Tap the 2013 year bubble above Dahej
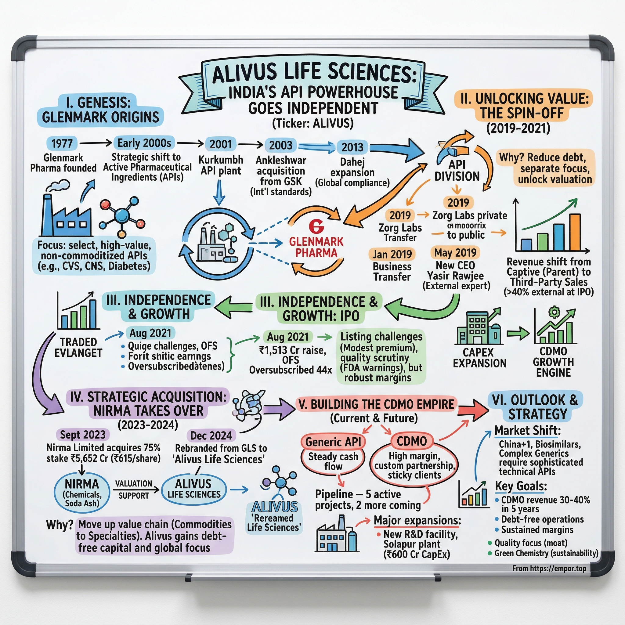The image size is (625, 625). (352, 147)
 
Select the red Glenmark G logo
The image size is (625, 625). (316, 226)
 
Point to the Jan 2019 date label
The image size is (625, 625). (392, 254)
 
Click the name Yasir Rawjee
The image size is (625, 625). (456, 276)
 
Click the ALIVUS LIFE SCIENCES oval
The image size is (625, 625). (193, 489)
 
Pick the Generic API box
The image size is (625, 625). (333, 442)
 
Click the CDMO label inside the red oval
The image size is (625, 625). (412, 441)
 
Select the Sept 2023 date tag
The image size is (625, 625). (83, 435)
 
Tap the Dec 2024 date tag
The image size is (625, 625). (211, 435)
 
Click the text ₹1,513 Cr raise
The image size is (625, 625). (292, 350)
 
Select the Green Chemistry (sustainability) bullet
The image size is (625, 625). (546, 553)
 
